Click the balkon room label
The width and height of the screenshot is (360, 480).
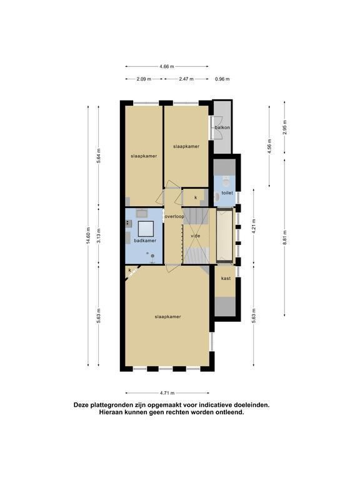click(x=222, y=127)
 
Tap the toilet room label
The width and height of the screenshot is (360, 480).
click(x=227, y=193)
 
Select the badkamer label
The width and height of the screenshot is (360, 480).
click(x=145, y=241)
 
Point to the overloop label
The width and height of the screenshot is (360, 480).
click(x=174, y=216)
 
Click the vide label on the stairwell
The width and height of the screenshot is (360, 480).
click(x=195, y=236)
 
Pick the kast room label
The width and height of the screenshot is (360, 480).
click(x=226, y=278)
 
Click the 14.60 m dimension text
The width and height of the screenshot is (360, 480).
click(x=88, y=236)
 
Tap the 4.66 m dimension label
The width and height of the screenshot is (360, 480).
click(x=167, y=66)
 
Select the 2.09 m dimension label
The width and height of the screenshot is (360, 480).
click(x=144, y=79)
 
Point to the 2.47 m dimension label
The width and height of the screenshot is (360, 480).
click(x=186, y=79)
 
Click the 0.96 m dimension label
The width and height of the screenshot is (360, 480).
click(x=222, y=79)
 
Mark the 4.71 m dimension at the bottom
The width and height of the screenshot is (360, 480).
click(x=167, y=392)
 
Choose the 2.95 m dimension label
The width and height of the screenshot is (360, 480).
click(x=285, y=127)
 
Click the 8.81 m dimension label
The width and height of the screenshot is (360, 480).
click(x=285, y=237)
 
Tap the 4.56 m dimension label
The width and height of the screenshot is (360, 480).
click(x=269, y=146)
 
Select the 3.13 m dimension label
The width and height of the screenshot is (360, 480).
click(x=98, y=236)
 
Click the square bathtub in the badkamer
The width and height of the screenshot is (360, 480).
click(x=146, y=229)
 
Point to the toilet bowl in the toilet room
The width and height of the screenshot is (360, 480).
click(x=226, y=182)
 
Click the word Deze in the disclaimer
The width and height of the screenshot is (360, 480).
click(x=81, y=405)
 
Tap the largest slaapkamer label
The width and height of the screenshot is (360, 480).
click(x=167, y=316)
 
